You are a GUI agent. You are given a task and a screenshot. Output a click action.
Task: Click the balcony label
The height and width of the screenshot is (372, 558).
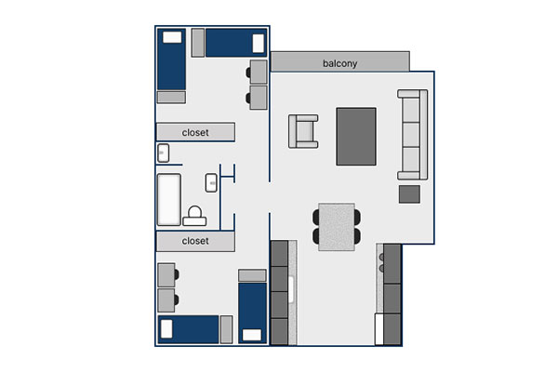(339, 63)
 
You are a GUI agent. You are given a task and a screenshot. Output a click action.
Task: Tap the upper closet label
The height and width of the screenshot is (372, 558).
(195, 132)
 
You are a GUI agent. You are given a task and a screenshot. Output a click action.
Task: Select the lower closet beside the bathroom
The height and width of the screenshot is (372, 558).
(195, 241)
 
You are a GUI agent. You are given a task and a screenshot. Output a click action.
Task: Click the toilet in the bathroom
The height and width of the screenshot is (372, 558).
(194, 216)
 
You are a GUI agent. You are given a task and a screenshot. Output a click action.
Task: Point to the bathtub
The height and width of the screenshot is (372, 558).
(168, 199)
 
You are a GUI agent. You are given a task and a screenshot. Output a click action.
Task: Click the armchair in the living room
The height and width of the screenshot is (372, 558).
(303, 131)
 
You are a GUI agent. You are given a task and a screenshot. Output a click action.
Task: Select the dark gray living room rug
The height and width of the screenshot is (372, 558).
(356, 137)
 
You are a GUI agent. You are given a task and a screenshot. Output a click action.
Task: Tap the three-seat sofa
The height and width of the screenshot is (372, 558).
(412, 135)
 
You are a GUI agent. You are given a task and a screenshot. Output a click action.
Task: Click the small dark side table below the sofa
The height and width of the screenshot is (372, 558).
(409, 194)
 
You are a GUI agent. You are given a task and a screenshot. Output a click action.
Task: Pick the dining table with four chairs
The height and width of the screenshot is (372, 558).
(337, 227)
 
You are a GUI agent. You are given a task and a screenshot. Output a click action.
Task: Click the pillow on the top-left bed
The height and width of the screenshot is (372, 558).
(172, 37)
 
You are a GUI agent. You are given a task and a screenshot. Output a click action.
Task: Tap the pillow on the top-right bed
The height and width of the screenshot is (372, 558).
(259, 43)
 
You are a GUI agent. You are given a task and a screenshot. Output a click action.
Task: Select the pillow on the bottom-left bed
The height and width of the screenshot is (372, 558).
(166, 329)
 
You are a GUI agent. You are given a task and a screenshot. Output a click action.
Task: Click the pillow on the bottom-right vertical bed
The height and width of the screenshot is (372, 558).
(252, 335)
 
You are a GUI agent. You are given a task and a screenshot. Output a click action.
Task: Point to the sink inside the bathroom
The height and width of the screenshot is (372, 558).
(211, 182)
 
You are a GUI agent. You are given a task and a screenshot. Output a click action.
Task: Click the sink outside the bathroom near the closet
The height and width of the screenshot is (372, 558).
(163, 153)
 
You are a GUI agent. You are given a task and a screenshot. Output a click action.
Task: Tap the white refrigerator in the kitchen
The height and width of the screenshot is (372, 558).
(379, 329)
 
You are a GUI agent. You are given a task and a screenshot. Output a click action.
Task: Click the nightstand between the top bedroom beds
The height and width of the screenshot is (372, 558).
(198, 43)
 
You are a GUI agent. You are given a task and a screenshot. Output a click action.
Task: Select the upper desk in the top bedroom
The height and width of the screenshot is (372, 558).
(259, 72)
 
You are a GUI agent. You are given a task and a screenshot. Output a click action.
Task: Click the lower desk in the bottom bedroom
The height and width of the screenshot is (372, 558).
(166, 300)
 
